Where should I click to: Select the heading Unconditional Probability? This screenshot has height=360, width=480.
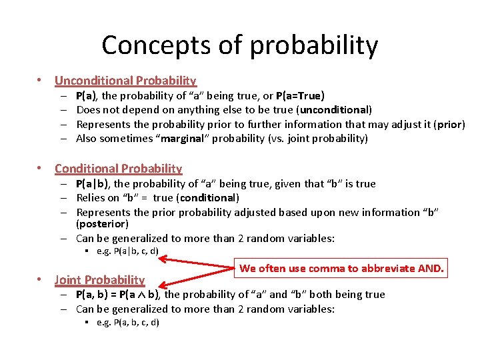tap(125, 81)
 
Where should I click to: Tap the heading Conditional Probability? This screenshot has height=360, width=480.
tap(118, 169)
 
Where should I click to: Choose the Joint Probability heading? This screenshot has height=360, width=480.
tap(99, 280)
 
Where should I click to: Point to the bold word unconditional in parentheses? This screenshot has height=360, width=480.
tap(335, 110)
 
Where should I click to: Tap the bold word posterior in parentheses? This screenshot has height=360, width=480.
tap(102, 224)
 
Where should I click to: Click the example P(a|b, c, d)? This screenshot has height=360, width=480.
tap(127, 251)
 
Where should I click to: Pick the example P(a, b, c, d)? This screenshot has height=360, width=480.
tap(127, 323)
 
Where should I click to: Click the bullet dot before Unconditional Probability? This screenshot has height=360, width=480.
tap(40, 81)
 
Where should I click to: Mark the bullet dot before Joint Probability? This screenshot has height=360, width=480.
tap(40, 280)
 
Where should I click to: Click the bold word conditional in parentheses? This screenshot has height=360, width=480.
tap(206, 198)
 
